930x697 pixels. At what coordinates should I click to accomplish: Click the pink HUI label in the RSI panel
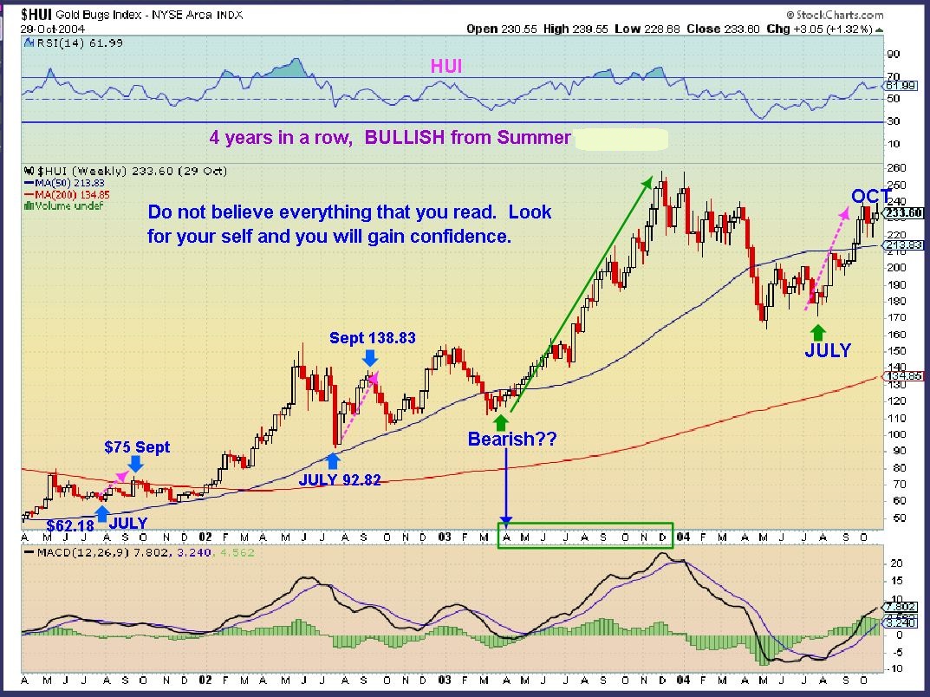point(448,66)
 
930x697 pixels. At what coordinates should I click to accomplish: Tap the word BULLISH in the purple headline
point(405,137)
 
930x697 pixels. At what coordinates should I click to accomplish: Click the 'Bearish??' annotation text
point(511,440)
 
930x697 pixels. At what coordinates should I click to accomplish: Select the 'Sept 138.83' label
point(373,338)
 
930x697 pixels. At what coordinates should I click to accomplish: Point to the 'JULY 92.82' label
point(340,479)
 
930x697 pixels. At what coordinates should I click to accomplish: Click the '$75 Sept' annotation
point(137,447)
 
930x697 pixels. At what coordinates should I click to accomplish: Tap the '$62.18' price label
point(71,525)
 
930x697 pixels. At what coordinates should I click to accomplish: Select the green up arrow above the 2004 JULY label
point(816,331)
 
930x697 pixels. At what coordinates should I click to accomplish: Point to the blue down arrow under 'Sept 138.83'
point(370,356)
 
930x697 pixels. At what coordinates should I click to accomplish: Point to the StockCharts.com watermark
point(836,16)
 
